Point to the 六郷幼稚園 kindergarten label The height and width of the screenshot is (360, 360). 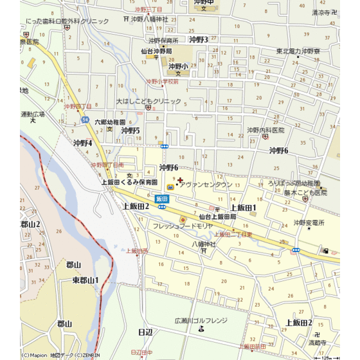(109, 122)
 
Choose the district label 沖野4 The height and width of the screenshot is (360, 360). (83, 143)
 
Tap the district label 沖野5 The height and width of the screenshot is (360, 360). (130, 130)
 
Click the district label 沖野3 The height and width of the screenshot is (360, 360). (199, 40)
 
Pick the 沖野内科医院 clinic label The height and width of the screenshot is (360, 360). (265, 130)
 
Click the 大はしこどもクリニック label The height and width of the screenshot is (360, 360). (148, 102)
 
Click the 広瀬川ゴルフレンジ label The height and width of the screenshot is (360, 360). (201, 319)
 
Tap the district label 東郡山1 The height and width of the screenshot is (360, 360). (85, 280)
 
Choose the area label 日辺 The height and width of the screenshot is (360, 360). (145, 332)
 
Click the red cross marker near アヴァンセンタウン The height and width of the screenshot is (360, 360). (179, 179)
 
